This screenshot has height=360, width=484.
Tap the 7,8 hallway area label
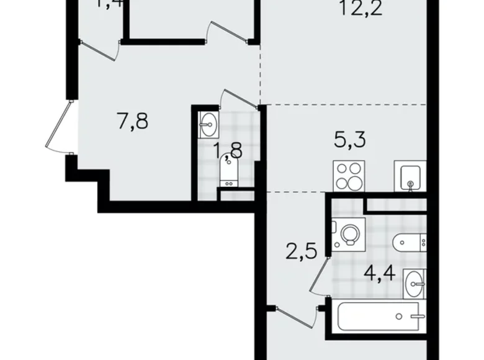[133, 120]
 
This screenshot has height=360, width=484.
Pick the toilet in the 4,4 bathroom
[410, 239]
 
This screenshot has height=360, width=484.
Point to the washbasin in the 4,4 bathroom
[414, 284]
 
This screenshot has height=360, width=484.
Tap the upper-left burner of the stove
[342, 168]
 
